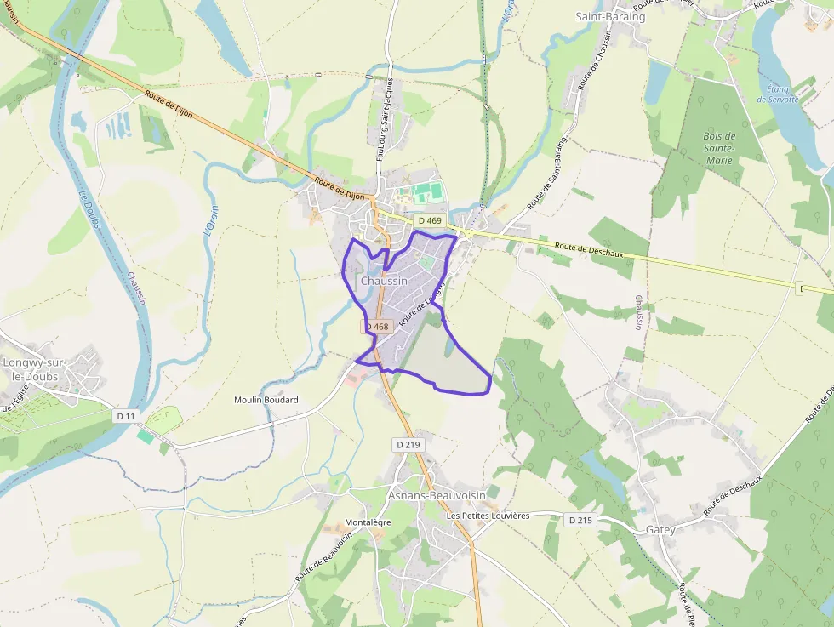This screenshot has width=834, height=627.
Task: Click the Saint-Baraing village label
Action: [x=610, y=16]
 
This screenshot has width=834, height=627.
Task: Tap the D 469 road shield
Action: [x=430, y=221]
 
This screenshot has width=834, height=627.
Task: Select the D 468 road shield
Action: [x=378, y=327]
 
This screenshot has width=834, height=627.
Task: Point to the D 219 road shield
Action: [x=408, y=444]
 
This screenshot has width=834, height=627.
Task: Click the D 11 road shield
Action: [x=125, y=415]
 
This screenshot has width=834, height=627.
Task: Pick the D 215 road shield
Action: [x=580, y=519]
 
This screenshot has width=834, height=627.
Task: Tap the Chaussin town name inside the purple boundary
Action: [x=384, y=281]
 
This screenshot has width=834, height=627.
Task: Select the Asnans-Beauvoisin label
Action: [x=437, y=495]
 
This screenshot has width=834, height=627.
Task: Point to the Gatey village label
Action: [x=660, y=529]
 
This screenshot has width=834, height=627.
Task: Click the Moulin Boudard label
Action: [x=266, y=400]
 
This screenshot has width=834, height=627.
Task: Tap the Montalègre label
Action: [x=368, y=522]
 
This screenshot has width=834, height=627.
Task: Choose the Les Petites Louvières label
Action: [x=488, y=516]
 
